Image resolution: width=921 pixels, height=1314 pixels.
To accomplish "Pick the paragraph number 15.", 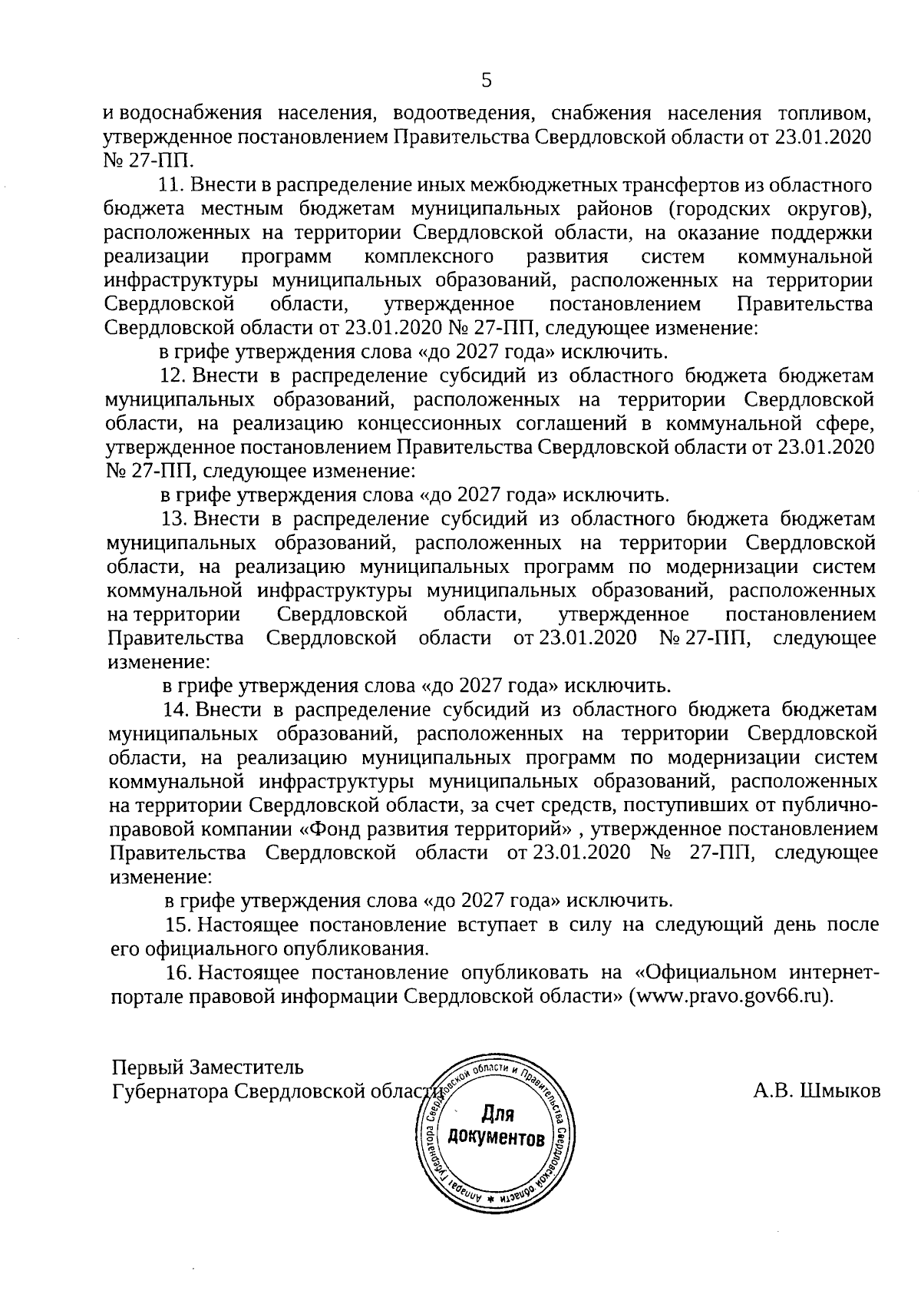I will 177,924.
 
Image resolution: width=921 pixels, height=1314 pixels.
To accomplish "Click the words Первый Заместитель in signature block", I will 207,1067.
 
